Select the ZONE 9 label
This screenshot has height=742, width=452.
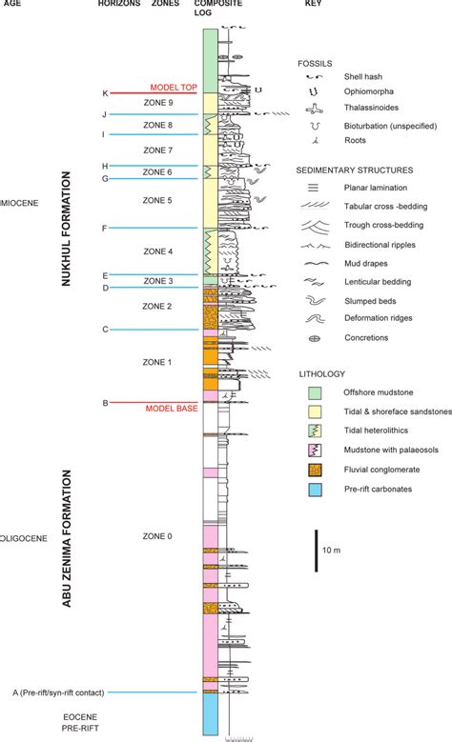pos(157,103)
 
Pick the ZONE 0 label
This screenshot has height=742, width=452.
pos(157,536)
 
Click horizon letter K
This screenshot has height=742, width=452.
pos(105,93)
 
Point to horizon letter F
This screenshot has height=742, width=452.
pos(105,229)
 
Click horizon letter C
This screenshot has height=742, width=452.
pos(105,330)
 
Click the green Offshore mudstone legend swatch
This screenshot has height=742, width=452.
pos(310,392)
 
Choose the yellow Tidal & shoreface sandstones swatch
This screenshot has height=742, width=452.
pos(310,411)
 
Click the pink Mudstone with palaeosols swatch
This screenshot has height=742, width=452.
pos(310,449)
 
